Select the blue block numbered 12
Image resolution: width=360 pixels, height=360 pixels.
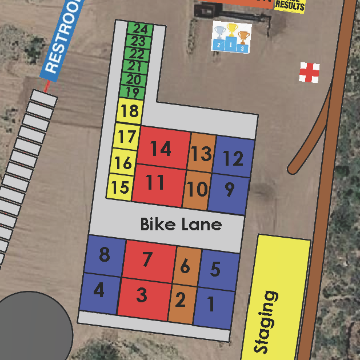[x=234, y=157]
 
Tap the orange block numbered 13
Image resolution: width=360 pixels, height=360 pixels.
[x=201, y=153]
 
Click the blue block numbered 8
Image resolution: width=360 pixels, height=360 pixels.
[x=104, y=254]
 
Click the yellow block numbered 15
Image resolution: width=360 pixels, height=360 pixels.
[x=120, y=187]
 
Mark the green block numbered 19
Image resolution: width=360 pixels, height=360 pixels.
[x=132, y=93]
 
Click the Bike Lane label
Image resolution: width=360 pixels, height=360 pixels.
[x=181, y=224]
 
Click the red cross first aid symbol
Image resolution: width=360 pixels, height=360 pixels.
[x=309, y=73]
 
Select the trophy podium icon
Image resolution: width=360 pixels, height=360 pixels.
[x=231, y=38]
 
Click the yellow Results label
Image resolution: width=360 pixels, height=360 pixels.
[x=290, y=5]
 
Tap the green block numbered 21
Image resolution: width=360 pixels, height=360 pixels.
[x=135, y=67]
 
